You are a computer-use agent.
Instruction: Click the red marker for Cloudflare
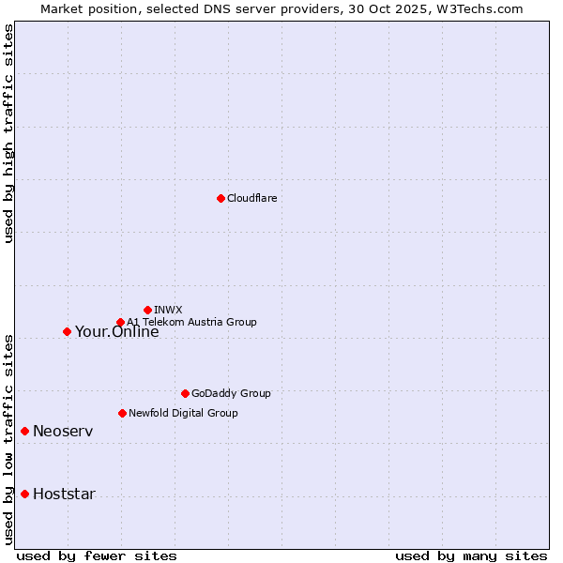click(221, 198)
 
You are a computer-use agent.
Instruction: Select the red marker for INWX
click(147, 310)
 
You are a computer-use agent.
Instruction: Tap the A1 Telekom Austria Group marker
click(120, 323)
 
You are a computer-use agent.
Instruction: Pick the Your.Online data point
click(67, 331)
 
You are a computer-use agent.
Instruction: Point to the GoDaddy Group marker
click(185, 393)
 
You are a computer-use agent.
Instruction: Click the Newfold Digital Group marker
click(122, 413)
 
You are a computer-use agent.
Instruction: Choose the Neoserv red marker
click(25, 431)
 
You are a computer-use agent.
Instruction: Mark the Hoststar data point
click(25, 494)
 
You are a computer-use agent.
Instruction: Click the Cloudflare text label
click(252, 198)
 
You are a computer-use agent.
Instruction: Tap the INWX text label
click(168, 310)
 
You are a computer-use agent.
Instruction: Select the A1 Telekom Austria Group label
click(191, 322)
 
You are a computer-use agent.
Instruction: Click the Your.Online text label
click(116, 331)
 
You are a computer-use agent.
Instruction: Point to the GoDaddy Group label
click(231, 393)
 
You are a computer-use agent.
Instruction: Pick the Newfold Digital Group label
click(183, 413)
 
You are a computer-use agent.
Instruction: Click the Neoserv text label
click(63, 431)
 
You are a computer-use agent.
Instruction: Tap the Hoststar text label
click(64, 494)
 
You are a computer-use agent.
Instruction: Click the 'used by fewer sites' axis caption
click(97, 555)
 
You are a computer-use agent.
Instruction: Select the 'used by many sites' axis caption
click(471, 555)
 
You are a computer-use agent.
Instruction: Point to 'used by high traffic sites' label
click(8, 133)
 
